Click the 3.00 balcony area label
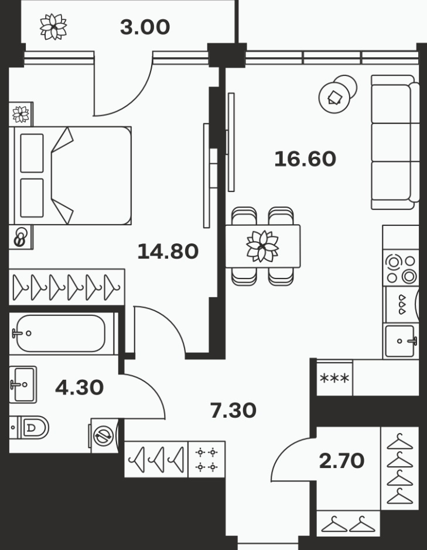tap(145, 27)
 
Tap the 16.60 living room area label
tap(305, 159)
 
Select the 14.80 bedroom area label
tap(168, 252)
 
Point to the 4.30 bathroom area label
tap(79, 387)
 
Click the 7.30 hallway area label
tap(233, 410)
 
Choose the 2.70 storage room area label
tap(341, 460)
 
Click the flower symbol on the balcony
tap(53, 27)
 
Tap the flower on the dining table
tap(262, 246)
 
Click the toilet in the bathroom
tap(29, 428)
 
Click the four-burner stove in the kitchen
tap(401, 269)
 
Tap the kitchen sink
tap(401, 341)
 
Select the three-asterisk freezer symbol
tap(334, 379)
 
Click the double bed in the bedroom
tap(72, 176)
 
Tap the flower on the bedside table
tap(21, 114)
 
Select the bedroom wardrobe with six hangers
tap(67, 287)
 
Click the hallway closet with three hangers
tap(156, 459)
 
